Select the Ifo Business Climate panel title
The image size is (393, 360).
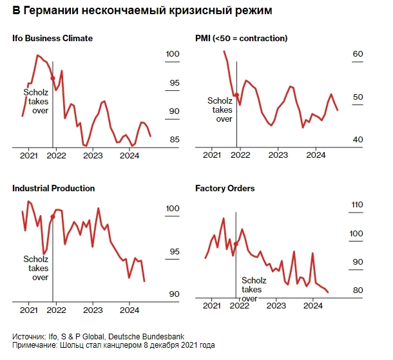tap(53, 38)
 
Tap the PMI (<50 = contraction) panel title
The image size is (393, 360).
tap(241, 38)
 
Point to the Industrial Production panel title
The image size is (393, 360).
tap(53, 188)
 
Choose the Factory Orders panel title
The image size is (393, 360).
tap(225, 188)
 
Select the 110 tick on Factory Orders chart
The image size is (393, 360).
tap(357, 205)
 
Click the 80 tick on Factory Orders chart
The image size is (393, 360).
tap(359, 290)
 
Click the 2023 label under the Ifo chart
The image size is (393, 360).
tap(93, 155)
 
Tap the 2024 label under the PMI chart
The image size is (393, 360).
tap(315, 155)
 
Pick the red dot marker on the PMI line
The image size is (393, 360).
tap(236, 95)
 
